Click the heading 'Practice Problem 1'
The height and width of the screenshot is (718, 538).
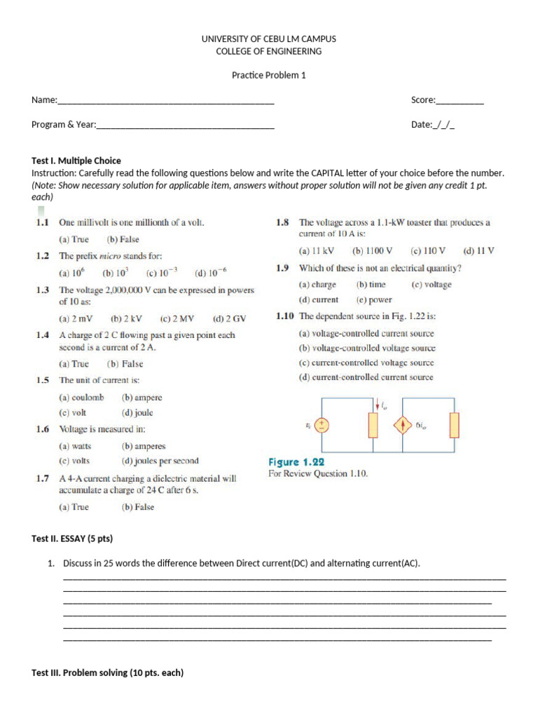click(269, 76)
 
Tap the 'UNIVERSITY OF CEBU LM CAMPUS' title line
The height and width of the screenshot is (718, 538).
click(269, 39)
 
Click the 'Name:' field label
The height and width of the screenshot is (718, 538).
click(44, 100)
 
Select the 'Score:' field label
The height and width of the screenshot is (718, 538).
click(423, 100)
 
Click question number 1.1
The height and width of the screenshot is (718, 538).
click(42, 222)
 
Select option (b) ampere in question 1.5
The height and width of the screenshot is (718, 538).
click(142, 398)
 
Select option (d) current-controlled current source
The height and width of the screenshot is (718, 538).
click(366, 377)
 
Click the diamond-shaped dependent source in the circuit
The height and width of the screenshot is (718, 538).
click(403, 425)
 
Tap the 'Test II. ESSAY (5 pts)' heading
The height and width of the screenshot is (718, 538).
click(72, 538)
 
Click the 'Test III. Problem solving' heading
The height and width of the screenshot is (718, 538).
click(107, 672)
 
